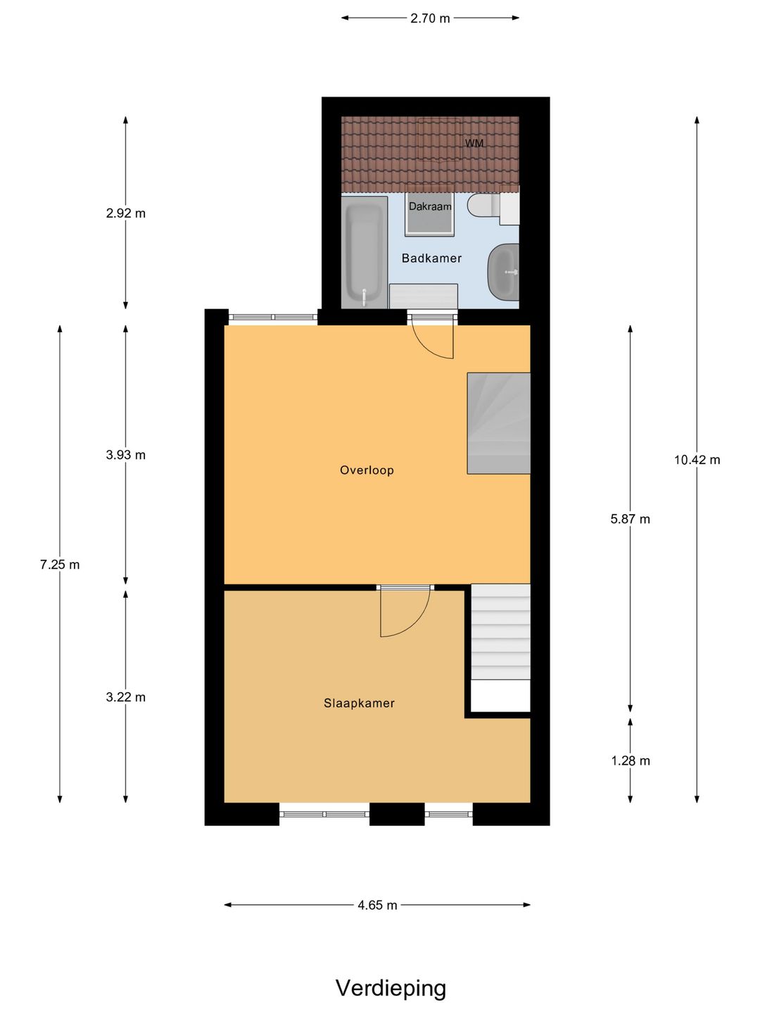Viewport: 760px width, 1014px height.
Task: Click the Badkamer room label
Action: [x=431, y=258]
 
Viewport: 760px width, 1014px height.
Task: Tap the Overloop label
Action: [x=367, y=470]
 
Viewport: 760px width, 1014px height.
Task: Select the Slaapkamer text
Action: [x=359, y=703]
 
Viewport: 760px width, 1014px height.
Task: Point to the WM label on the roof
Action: [x=474, y=143]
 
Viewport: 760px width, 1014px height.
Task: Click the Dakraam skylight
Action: [x=429, y=215]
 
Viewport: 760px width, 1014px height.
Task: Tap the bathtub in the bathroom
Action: [x=364, y=252]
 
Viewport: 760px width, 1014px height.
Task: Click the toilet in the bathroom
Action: [x=483, y=205]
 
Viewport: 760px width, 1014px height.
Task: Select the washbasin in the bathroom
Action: [x=503, y=273]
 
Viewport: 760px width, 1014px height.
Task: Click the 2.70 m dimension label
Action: [x=430, y=18]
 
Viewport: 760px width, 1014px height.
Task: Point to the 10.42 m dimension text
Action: [x=697, y=460]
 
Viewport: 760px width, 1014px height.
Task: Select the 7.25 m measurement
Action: [x=60, y=565]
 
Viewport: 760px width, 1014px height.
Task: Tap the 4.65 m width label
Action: [x=377, y=905]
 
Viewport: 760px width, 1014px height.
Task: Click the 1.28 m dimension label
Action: [x=631, y=760]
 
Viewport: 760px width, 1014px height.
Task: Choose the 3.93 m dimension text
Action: [x=125, y=455]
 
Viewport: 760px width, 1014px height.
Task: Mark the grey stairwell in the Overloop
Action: [x=499, y=423]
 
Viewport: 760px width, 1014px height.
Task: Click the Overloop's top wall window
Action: [x=273, y=317]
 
